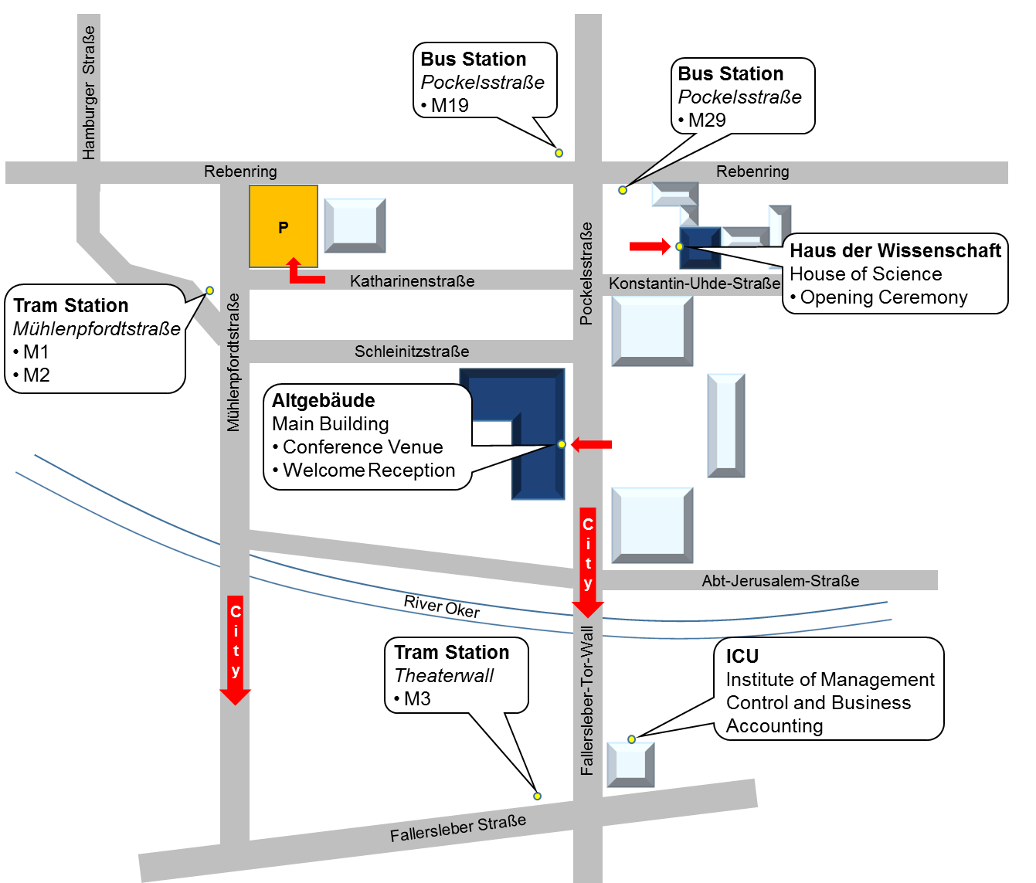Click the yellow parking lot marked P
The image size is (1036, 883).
[x=283, y=226]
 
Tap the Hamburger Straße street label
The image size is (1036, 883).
[x=89, y=93]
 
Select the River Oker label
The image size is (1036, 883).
[x=442, y=606]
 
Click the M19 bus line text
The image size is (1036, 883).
[x=450, y=106]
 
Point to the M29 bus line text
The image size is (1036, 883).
[x=707, y=121]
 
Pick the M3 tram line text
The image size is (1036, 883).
[x=417, y=699]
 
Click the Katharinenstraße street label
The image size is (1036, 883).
[x=412, y=281]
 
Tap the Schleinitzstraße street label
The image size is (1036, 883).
[x=412, y=352]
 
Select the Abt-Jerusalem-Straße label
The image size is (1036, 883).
[x=780, y=581]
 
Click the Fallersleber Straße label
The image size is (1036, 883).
[x=458, y=828]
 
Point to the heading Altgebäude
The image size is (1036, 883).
[x=324, y=401]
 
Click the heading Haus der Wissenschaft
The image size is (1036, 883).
[x=895, y=251]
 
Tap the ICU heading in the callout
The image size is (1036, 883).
[x=742, y=656]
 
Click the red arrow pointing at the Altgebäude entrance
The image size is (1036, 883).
[x=592, y=444]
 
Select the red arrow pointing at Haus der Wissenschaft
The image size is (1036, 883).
[x=650, y=246]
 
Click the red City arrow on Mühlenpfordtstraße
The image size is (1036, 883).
[x=236, y=649]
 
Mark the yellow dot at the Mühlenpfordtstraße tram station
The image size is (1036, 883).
[x=209, y=290]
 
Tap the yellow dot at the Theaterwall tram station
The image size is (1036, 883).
[x=538, y=796]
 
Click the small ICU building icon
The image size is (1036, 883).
[x=630, y=764]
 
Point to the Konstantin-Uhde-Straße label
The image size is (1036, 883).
[x=695, y=284]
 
